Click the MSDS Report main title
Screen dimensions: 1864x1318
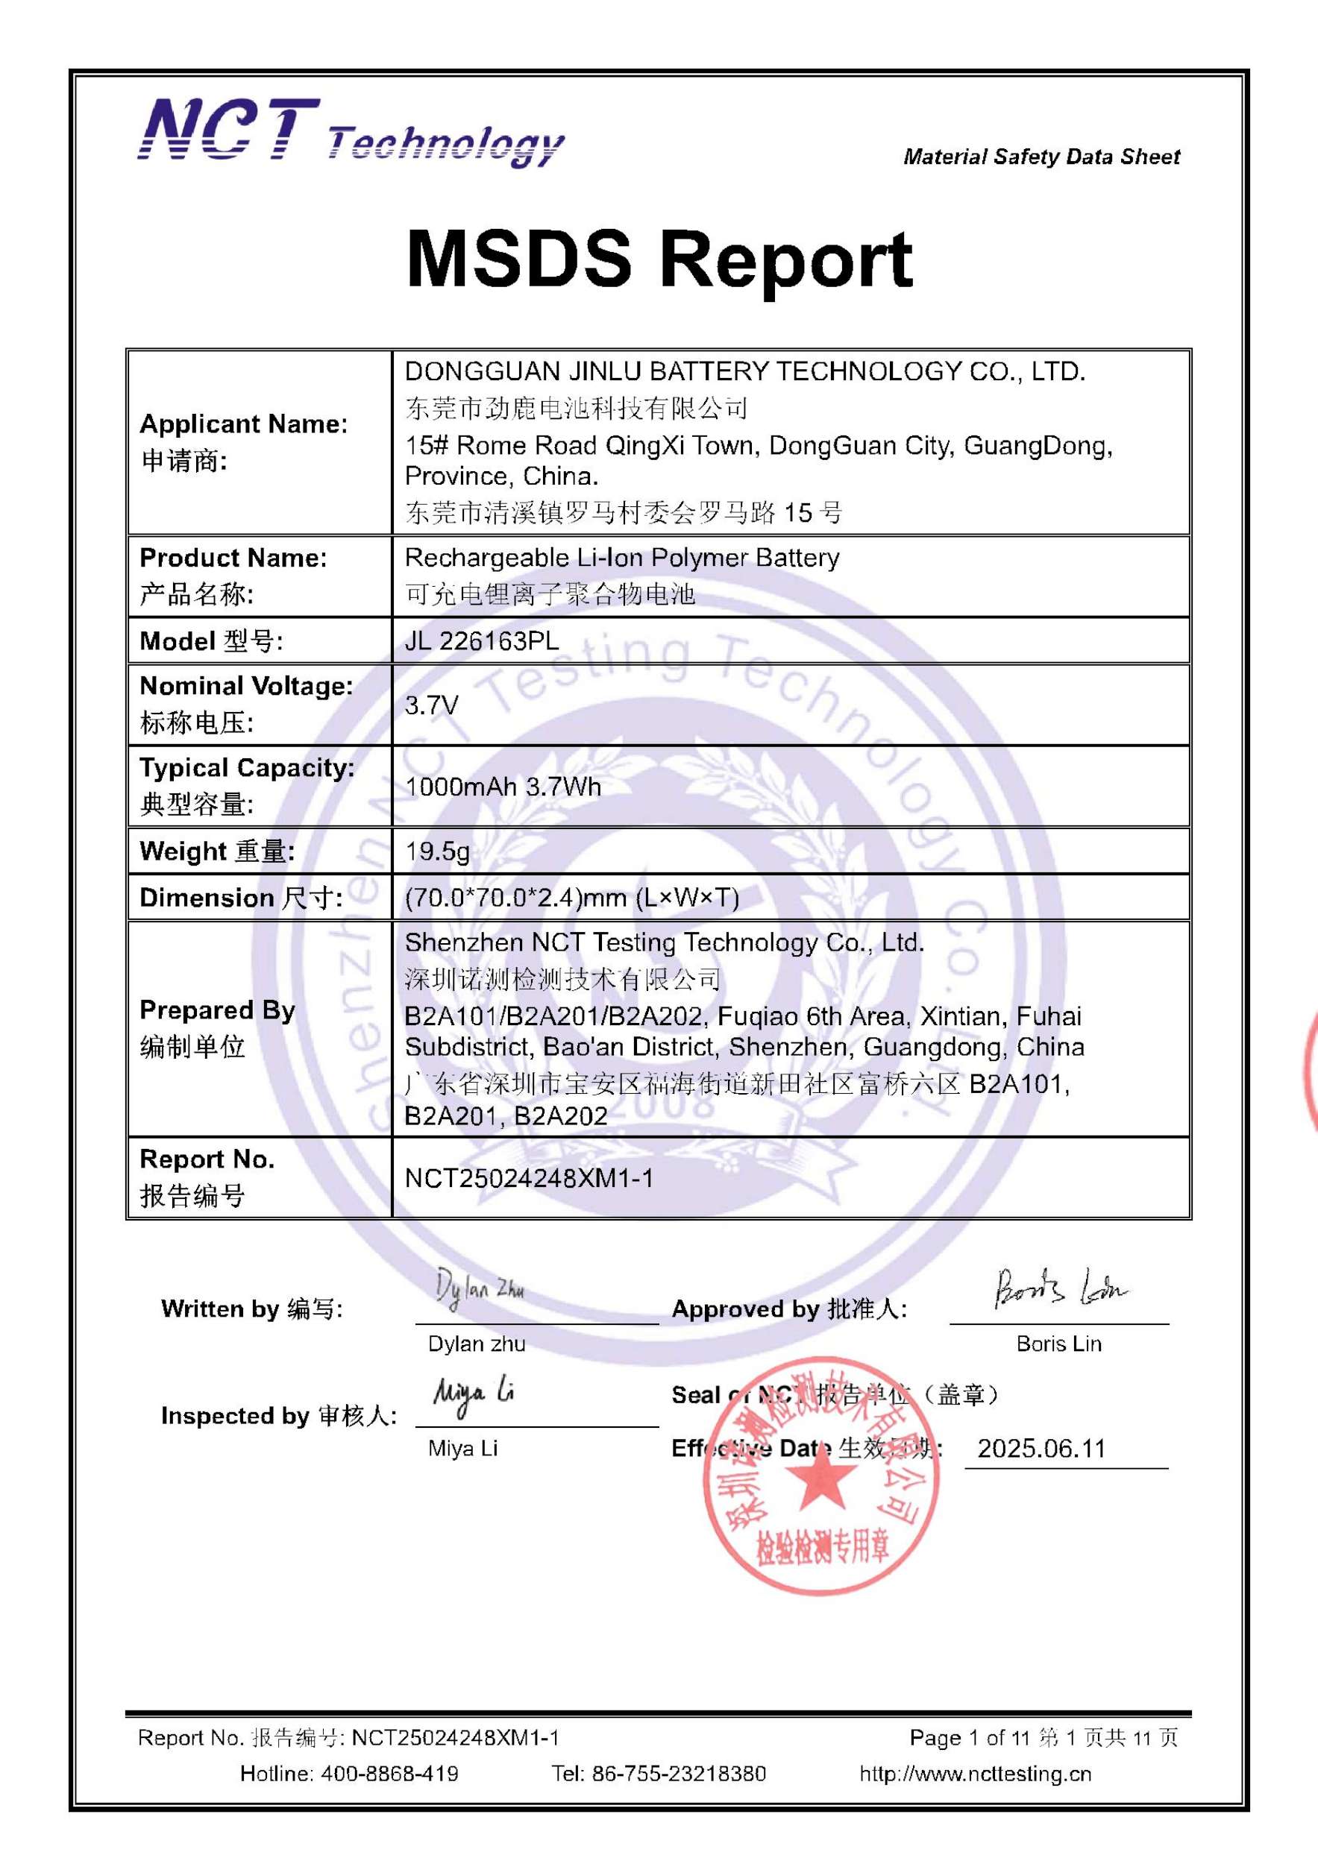[x=659, y=259]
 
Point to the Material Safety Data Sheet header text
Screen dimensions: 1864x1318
[x=1041, y=157]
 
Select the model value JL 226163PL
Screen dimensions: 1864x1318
[x=482, y=641]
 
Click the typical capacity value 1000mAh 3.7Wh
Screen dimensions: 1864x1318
[x=503, y=787]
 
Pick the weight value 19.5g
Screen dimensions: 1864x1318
[x=437, y=851]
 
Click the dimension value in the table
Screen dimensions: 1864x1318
[x=571, y=898]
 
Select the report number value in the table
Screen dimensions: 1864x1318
[x=529, y=1178]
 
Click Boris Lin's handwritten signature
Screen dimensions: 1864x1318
[x=1060, y=1288]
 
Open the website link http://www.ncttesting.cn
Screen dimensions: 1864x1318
[x=976, y=1773]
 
